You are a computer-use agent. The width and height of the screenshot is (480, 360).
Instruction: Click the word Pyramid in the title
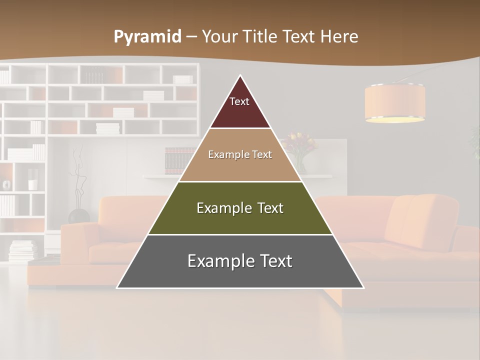(x=147, y=37)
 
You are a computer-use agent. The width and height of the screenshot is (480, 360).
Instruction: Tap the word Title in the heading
(x=262, y=36)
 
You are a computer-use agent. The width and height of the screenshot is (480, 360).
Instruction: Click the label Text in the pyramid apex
(x=239, y=101)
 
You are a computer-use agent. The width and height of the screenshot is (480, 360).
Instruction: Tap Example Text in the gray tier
(x=240, y=260)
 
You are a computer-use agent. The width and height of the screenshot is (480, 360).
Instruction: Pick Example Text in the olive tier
(x=240, y=208)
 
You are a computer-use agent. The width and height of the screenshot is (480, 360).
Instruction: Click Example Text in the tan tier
(x=240, y=154)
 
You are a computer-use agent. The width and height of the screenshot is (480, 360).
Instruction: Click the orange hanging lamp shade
(x=395, y=102)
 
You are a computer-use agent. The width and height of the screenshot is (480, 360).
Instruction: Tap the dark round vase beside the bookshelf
(x=78, y=216)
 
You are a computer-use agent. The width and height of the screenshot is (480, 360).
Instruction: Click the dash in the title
(x=191, y=37)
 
